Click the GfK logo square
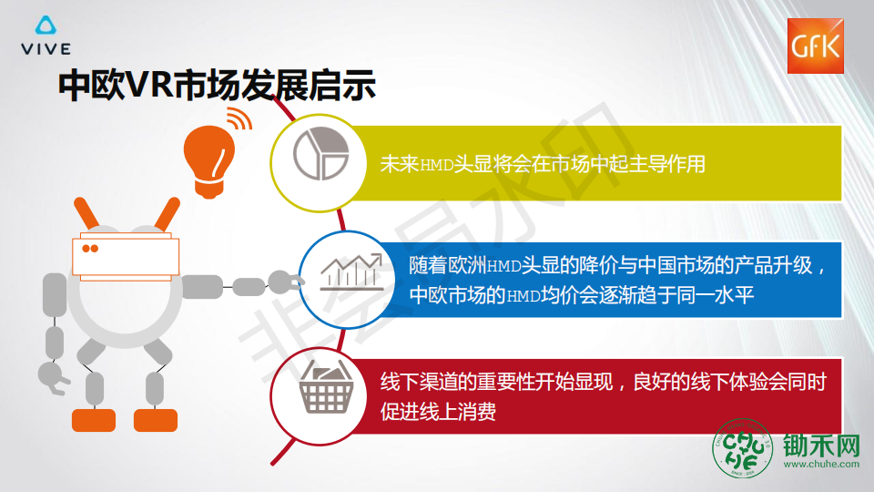815,46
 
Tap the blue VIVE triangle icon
46,26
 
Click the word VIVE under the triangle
46,49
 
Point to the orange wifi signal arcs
240,118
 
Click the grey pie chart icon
321,153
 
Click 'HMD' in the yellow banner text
436,165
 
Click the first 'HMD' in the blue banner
503,266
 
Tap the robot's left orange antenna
86,212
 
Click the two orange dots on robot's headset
90,248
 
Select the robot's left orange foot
94,420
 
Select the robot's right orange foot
156,420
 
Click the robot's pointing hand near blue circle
285,282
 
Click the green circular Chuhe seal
743,448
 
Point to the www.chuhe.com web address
821,464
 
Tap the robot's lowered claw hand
53,377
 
